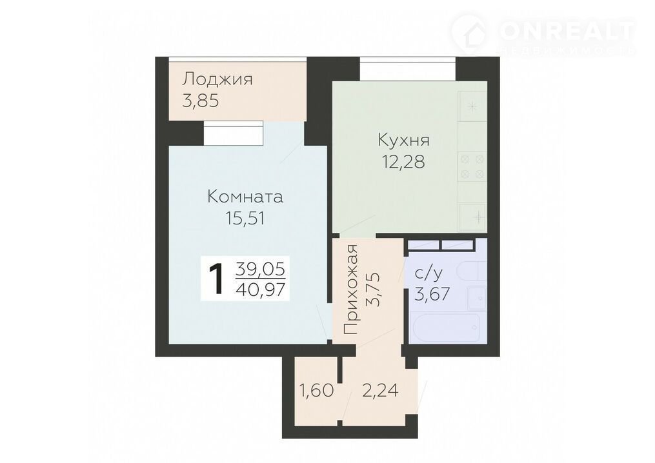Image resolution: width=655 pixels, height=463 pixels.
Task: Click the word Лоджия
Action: click(217, 79)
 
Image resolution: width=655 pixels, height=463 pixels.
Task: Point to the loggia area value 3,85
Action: click(201, 101)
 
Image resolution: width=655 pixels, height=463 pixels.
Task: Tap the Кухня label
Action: click(403, 141)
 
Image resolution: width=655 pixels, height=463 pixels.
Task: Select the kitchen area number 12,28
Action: click(403, 161)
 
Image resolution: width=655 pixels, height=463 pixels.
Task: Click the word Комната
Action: click(245, 197)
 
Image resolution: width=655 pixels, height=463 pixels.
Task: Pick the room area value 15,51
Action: click(245, 219)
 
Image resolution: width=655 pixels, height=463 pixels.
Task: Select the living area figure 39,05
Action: click(260, 269)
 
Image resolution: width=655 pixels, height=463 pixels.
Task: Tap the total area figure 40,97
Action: click(263, 289)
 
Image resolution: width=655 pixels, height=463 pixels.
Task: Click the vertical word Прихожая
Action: click(351, 290)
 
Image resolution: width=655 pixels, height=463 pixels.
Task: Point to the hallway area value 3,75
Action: click(373, 290)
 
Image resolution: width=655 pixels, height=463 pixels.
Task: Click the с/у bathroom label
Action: click(428, 273)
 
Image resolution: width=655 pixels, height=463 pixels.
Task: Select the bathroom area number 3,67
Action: click(432, 294)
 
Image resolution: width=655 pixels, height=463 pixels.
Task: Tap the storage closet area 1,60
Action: click(316, 391)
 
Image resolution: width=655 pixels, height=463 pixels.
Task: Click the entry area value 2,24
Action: click(379, 391)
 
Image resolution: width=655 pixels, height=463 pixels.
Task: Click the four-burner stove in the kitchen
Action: click(472, 166)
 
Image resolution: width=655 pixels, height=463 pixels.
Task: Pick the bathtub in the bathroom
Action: click(447, 328)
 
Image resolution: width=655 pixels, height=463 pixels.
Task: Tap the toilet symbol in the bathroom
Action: click(472, 272)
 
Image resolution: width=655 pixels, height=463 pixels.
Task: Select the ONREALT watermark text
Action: click(567, 30)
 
